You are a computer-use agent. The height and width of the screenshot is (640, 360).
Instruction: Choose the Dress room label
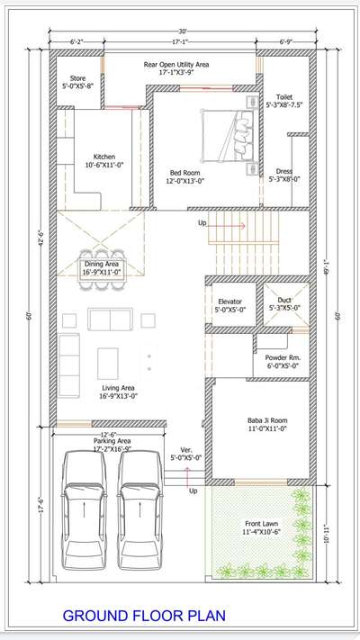284,174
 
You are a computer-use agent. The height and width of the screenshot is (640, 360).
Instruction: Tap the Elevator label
229,306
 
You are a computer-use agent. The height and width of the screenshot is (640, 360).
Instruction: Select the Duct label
284,303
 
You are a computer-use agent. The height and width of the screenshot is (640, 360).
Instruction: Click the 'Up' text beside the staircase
202,222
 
